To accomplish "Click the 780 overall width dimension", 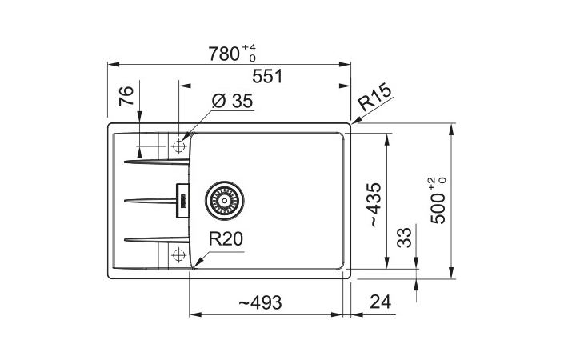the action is (224, 54).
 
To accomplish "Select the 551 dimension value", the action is (268, 76).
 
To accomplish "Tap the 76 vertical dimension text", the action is (126, 96).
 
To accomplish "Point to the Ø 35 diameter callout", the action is (232, 101).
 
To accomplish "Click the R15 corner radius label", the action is (374, 97).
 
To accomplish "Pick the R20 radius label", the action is (226, 239).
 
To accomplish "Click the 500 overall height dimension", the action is (438, 209).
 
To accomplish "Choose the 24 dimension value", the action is (380, 302).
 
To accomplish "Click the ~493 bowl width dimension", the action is (260, 303).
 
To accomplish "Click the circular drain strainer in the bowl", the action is (225, 200).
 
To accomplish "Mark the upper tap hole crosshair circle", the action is (178, 146).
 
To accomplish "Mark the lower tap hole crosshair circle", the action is (178, 255).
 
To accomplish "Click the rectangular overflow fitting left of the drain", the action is (182, 200).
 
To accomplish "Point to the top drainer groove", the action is (157, 162).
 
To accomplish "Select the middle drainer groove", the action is (150, 200).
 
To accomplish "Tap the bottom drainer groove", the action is (157, 239).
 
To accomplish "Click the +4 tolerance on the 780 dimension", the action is (249, 47).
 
